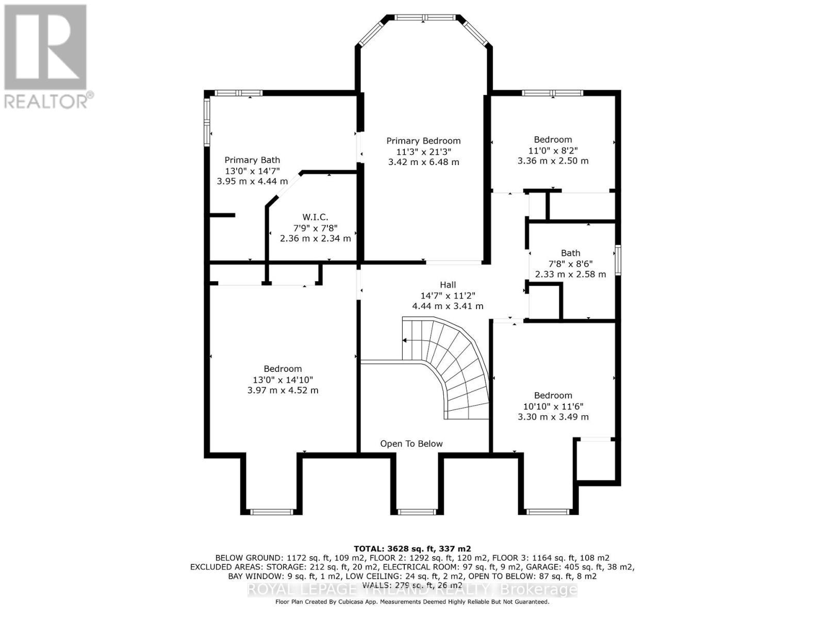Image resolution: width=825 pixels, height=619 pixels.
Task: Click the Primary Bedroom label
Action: point(423,141)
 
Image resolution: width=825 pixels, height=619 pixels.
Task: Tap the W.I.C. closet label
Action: point(315,217)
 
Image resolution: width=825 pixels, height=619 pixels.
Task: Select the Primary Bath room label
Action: point(252,160)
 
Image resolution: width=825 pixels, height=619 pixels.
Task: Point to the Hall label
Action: point(448,285)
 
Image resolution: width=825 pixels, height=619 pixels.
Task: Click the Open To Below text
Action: point(411,444)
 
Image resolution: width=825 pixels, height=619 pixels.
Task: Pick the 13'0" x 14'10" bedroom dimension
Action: point(283,380)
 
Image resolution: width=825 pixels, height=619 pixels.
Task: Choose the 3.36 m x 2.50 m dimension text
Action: point(553,161)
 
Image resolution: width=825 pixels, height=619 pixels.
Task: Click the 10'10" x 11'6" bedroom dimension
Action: point(553,406)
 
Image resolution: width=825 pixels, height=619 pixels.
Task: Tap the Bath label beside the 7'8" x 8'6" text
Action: point(570,253)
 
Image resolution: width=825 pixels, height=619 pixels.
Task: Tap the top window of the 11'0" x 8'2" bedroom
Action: point(552,93)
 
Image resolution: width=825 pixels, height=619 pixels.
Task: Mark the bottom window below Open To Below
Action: point(414,512)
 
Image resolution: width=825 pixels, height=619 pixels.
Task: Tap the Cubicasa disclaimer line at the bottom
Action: point(412,602)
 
